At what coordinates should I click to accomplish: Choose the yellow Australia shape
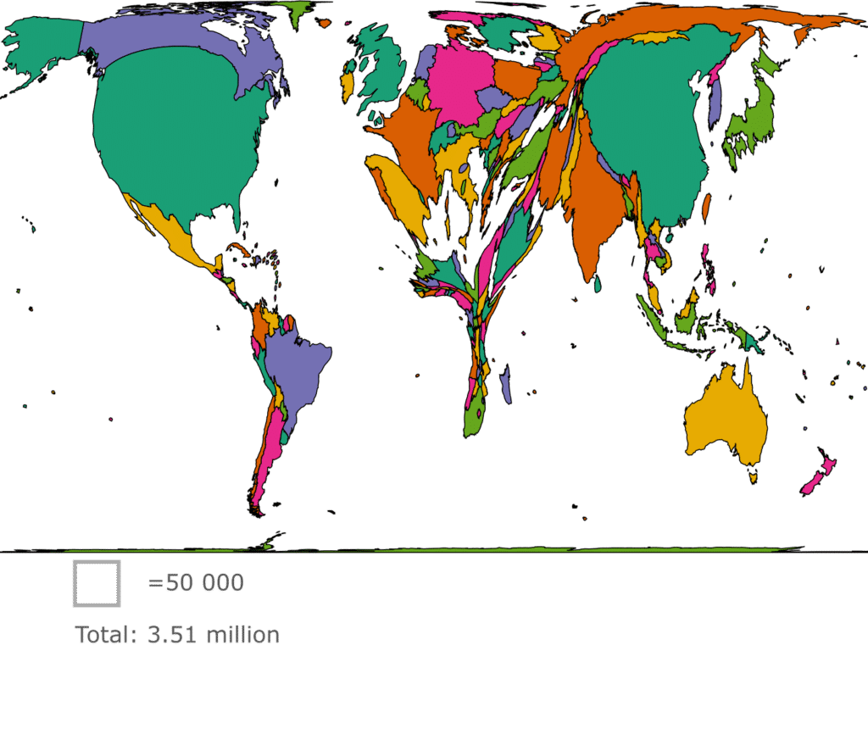pyautogui.click(x=725, y=420)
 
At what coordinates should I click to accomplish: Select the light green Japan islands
pyautogui.click(x=750, y=119)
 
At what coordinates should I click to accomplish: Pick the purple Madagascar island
pyautogui.click(x=506, y=383)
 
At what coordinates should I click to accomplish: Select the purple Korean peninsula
pyautogui.click(x=715, y=97)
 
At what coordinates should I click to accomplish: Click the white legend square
pyautogui.click(x=97, y=583)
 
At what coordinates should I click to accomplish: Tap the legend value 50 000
pyautogui.click(x=196, y=583)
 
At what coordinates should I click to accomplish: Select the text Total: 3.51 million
pyautogui.click(x=177, y=636)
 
